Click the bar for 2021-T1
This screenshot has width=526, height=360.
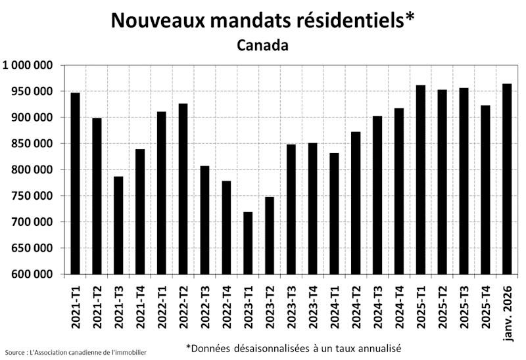[76, 183]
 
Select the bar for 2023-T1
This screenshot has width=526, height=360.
[248, 243]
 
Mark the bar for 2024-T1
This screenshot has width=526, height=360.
[335, 214]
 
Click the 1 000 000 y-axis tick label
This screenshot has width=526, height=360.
[28, 65]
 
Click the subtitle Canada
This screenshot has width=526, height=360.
[262, 45]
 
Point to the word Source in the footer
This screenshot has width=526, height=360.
[14, 353]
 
